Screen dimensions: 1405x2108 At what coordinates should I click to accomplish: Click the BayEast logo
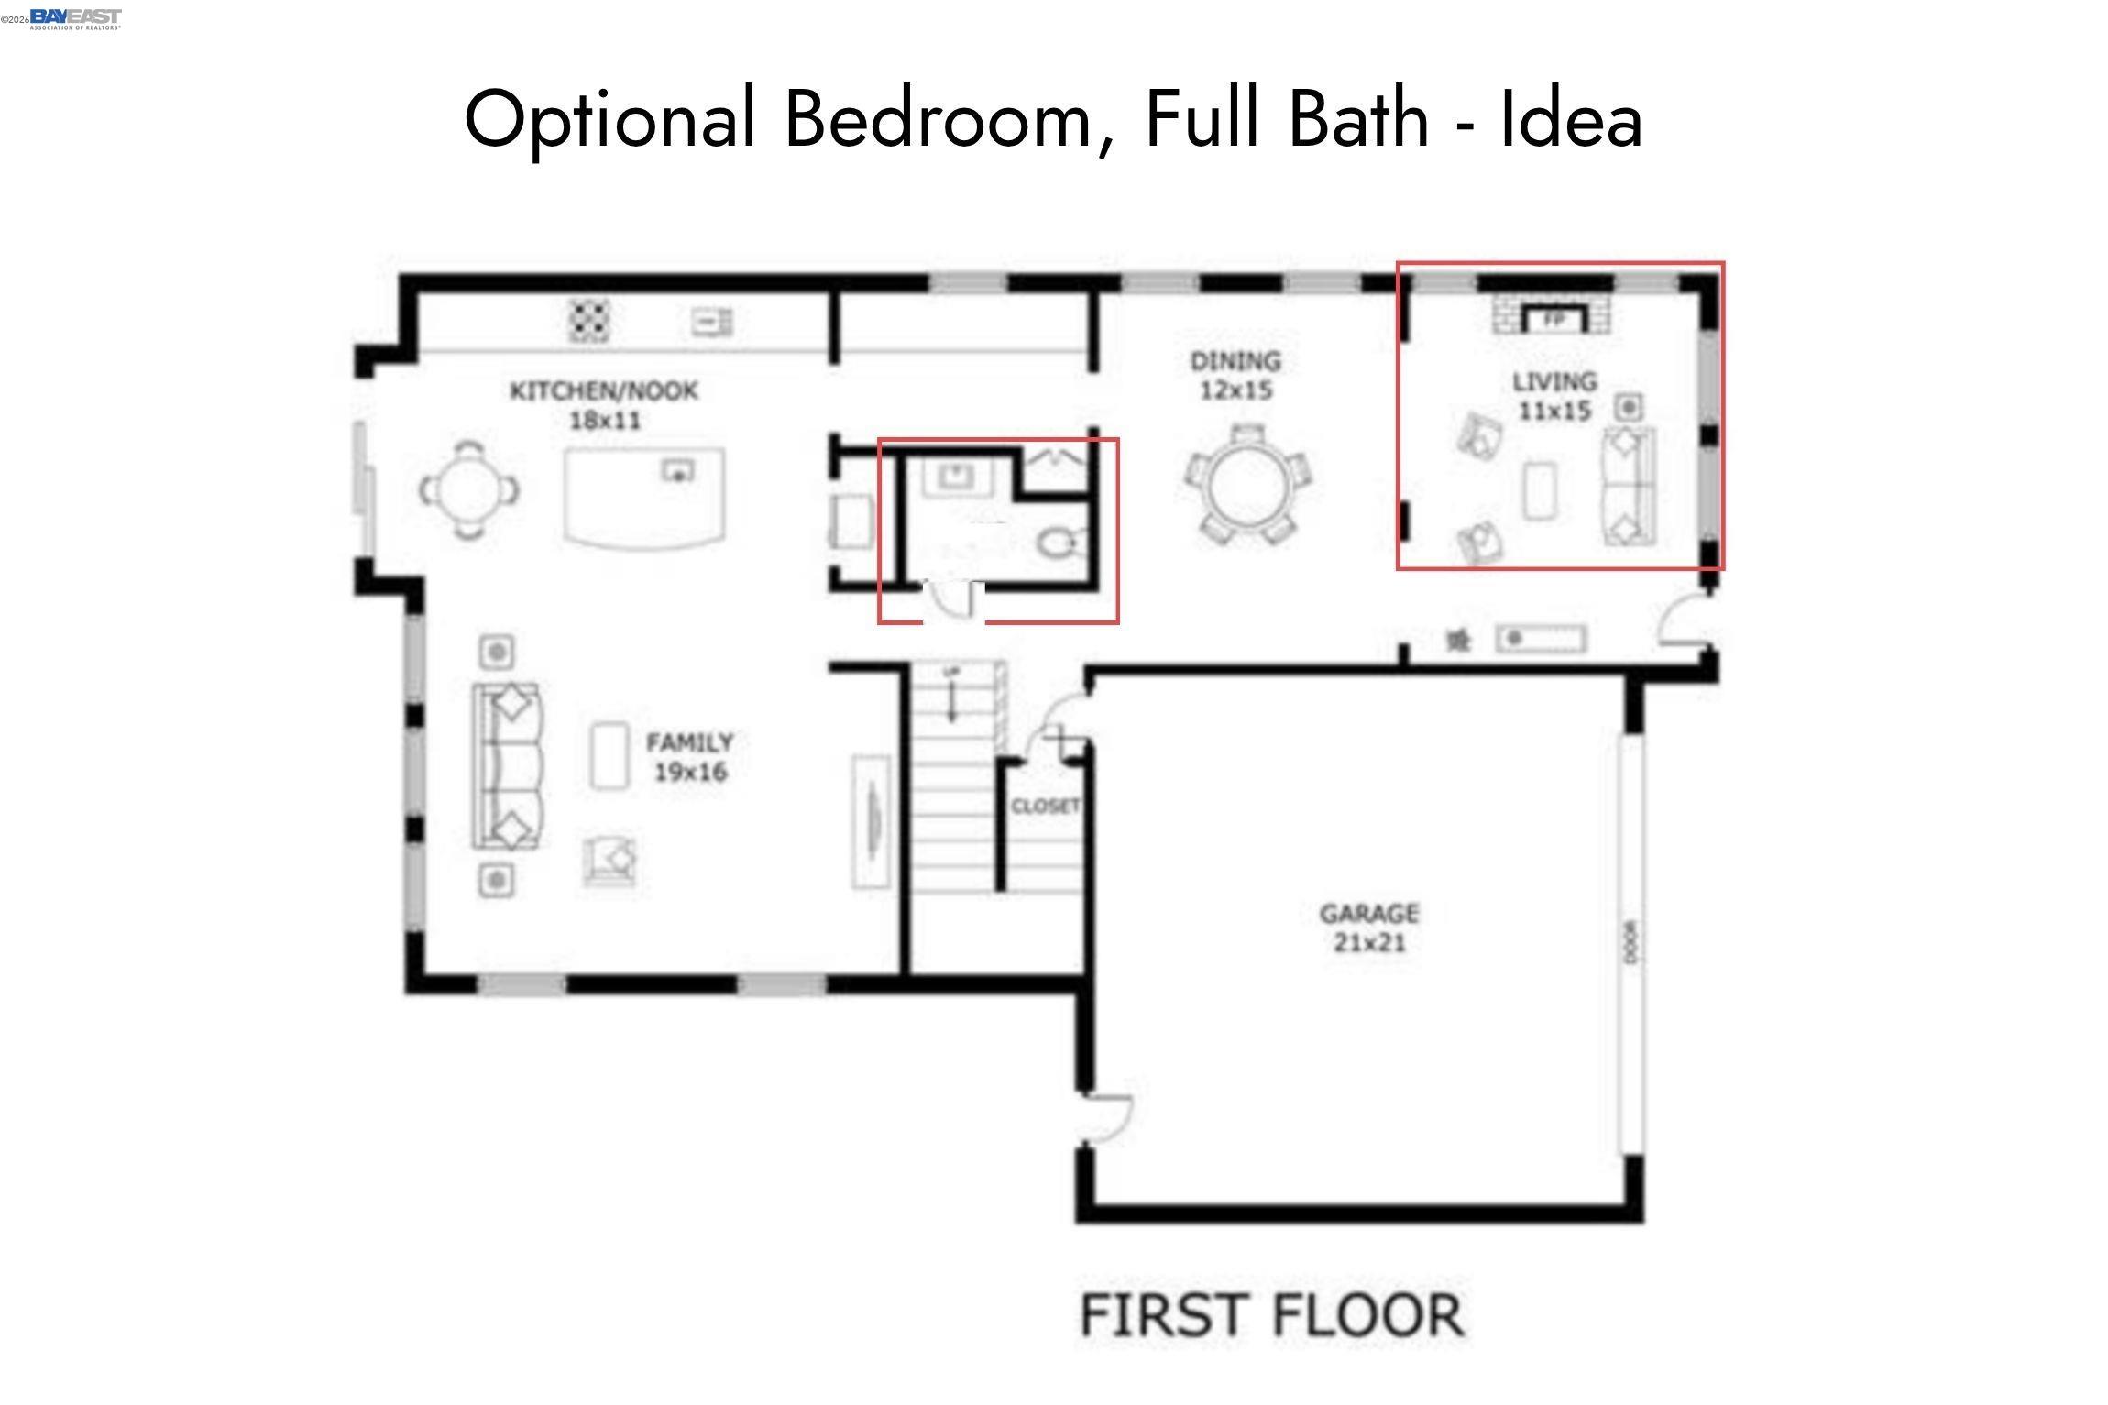click(75, 18)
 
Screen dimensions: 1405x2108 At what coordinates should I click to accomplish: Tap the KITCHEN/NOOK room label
click(604, 391)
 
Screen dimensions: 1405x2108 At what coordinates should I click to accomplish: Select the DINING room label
click(1235, 361)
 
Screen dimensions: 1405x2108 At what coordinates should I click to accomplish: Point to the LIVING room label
click(1554, 381)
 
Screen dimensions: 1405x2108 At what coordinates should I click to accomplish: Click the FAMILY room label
click(689, 742)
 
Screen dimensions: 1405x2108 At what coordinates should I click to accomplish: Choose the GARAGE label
click(1368, 913)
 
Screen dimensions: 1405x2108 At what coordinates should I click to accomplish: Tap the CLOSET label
click(1045, 807)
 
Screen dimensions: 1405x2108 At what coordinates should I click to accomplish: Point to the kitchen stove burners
click(589, 320)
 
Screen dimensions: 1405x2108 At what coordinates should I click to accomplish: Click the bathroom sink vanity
click(957, 477)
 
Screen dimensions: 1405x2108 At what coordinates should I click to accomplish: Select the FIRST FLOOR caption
click(1271, 1315)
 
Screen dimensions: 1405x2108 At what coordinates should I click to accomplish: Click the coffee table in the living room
click(1540, 490)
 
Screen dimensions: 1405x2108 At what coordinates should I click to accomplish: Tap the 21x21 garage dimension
click(1368, 942)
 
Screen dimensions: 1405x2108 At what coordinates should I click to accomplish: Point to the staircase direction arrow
click(952, 697)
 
